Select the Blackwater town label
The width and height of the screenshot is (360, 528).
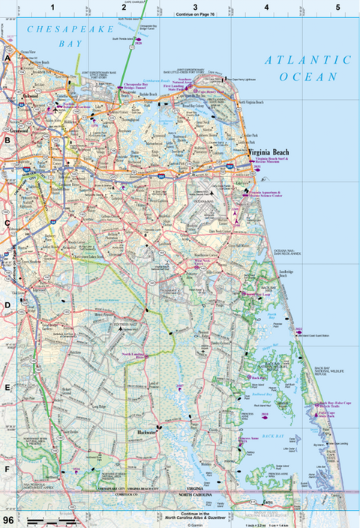coord(149,433)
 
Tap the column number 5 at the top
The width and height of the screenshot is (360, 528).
coord(337,7)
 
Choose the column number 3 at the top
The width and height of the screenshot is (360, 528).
coord(195,7)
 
